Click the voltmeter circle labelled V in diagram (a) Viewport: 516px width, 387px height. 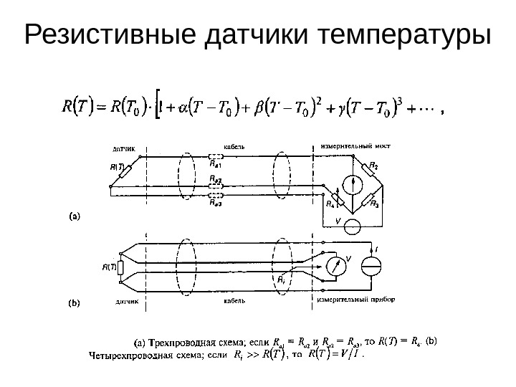point(353,226)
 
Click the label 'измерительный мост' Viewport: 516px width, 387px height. point(350,146)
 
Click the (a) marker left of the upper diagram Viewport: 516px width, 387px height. point(74,213)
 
